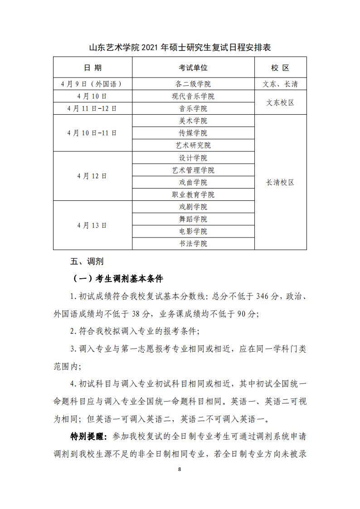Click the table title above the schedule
(180, 48)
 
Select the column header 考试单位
(193, 68)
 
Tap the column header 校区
(280, 68)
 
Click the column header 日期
(92, 68)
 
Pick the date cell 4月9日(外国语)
(92, 84)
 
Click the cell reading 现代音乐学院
(193, 96)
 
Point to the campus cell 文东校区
(280, 102)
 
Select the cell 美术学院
(193, 121)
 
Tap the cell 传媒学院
(193, 133)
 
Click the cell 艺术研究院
(193, 145)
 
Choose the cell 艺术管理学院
(193, 170)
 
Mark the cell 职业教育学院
(193, 194)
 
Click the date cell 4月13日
(92, 225)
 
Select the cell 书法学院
(193, 243)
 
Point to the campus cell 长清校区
(280, 182)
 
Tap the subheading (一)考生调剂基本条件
(117, 278)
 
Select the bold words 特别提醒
(88, 436)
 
